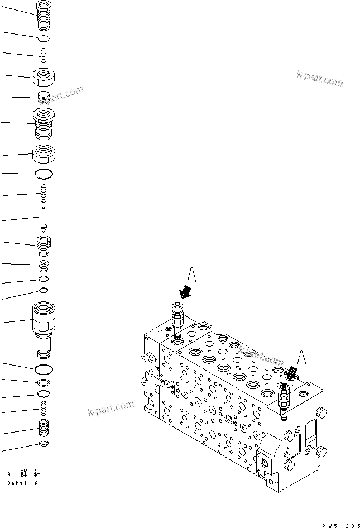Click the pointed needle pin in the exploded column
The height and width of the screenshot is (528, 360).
pyautogui.click(x=43, y=219)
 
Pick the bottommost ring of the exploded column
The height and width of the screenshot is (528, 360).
pyautogui.click(x=43, y=444)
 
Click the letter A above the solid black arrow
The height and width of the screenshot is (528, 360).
pyautogui.click(x=191, y=276)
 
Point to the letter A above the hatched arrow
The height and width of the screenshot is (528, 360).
pyautogui.click(x=301, y=357)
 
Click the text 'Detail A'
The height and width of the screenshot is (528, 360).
pyautogui.click(x=23, y=483)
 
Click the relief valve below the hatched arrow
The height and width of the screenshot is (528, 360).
pyautogui.click(x=283, y=403)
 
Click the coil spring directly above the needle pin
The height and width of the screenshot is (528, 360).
pyautogui.click(x=43, y=195)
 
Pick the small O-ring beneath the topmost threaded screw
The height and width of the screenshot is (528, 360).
pyautogui.click(x=43, y=38)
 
